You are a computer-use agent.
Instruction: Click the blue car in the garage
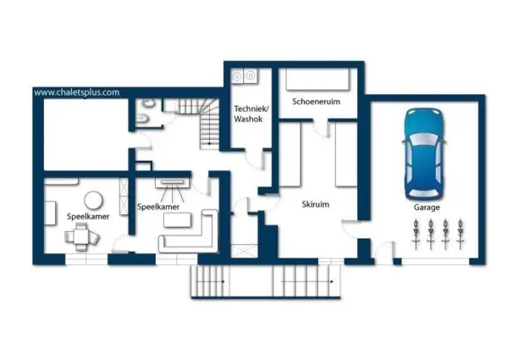point(424,154)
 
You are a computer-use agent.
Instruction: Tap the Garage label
point(427,207)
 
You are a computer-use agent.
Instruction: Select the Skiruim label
point(316,204)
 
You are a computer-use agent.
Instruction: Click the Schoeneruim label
point(316,102)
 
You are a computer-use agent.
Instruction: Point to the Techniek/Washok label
point(251,114)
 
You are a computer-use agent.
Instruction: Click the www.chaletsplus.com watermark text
point(77,92)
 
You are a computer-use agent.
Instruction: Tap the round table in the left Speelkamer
point(93,201)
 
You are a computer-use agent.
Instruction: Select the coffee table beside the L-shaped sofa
point(177,220)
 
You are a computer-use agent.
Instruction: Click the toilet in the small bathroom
point(143,119)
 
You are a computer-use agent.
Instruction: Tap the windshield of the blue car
point(422,140)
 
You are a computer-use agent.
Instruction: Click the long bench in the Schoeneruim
point(317,79)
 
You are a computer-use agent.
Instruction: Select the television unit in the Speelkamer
point(172,183)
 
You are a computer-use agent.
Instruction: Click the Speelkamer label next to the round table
point(88,217)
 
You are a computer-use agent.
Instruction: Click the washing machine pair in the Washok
point(245,76)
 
